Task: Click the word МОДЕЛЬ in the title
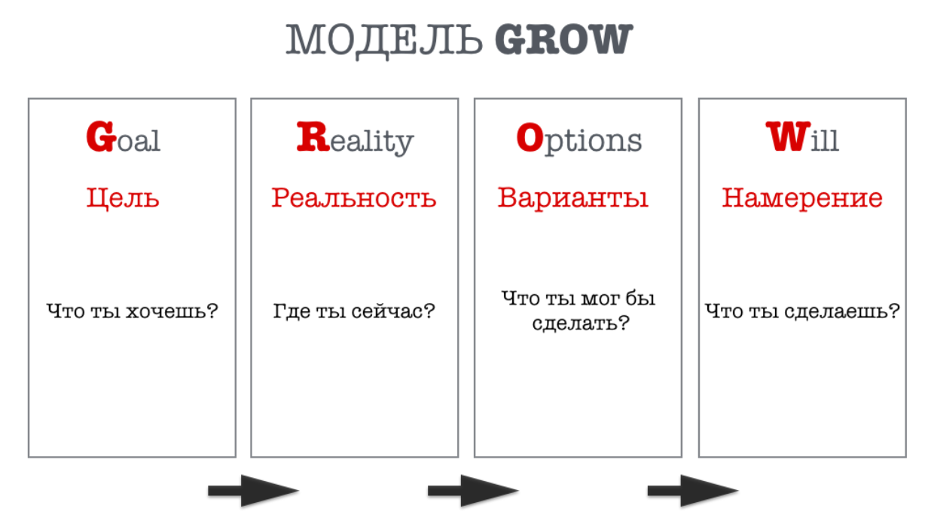click(384, 41)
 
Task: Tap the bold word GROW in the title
click(563, 41)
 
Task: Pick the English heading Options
click(578, 139)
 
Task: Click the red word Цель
click(123, 198)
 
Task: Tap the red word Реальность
click(354, 198)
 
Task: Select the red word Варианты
click(573, 198)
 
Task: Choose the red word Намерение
click(802, 198)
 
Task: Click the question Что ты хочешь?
click(132, 311)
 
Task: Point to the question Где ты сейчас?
click(354, 311)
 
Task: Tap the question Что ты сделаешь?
click(802, 311)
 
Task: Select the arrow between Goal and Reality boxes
click(253, 491)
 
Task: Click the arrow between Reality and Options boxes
click(473, 491)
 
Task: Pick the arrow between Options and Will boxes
click(693, 491)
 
